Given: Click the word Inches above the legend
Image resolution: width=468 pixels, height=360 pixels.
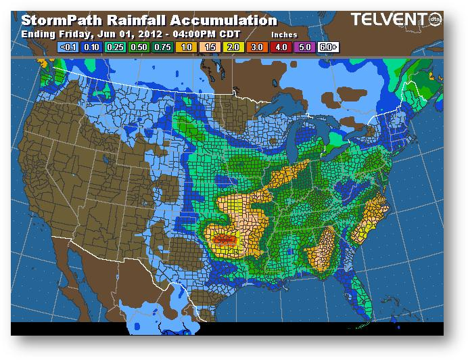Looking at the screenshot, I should coord(283,34).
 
